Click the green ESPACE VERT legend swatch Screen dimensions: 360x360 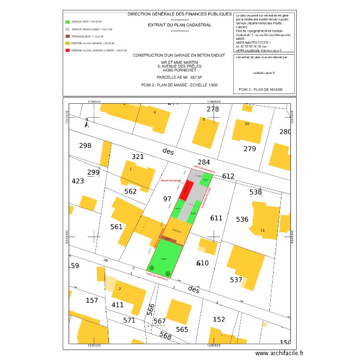click(67, 22)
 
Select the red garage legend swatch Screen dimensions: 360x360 click(67, 50)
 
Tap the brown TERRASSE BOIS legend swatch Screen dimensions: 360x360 click(67, 36)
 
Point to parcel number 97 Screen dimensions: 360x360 click(167, 199)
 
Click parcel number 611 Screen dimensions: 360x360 click(216, 218)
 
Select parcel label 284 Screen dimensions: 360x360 click(204, 162)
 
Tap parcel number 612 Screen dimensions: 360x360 click(228, 176)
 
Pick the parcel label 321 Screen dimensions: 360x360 click(138, 157)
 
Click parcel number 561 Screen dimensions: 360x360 click(117, 227)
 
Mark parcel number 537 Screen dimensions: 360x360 click(236, 280)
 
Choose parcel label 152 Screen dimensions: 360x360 click(219, 319)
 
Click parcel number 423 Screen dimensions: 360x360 click(78, 181)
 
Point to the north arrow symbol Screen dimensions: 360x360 click(87, 123)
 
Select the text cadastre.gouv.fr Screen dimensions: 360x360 click(264, 72)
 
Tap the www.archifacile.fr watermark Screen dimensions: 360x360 click(280, 353)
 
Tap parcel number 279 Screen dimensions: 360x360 click(250, 149)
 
